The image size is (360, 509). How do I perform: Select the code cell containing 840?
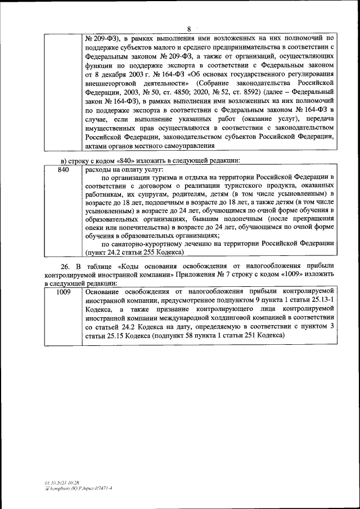63,169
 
